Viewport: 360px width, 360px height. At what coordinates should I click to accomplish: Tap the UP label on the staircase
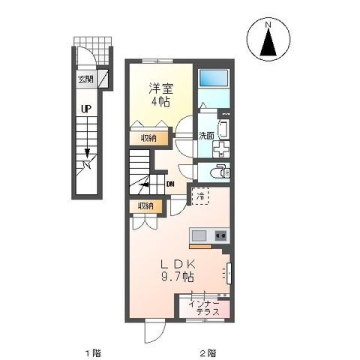(86, 109)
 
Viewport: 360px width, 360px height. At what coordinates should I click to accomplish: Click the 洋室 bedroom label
(156, 86)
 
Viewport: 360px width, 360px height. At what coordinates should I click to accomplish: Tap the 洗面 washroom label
(206, 136)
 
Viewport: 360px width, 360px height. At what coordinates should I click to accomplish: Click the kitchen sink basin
(198, 235)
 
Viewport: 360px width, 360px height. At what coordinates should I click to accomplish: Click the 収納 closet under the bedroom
(148, 138)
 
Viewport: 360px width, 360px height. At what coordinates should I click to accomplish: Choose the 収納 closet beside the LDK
(145, 205)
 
